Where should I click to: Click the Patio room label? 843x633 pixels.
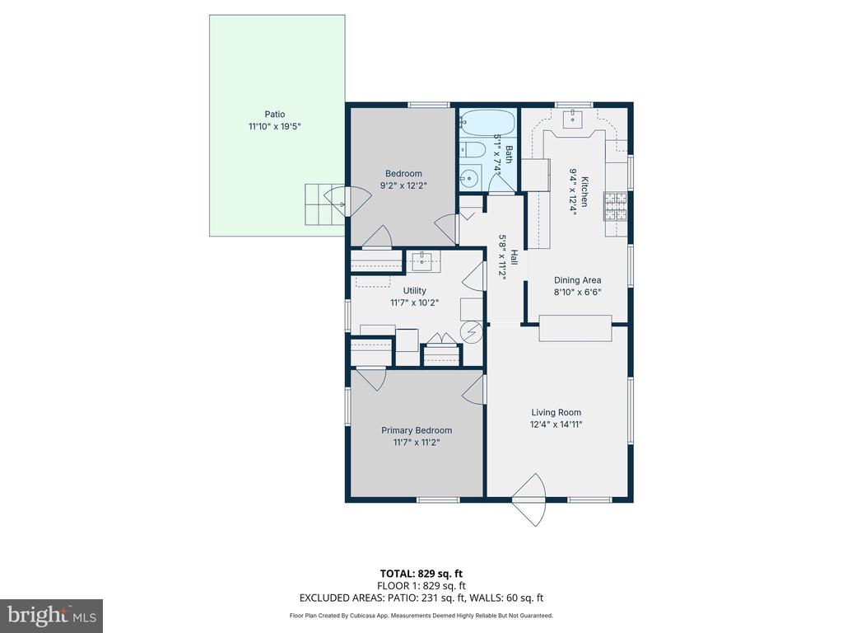(275, 114)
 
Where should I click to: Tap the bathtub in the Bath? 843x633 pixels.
(487, 123)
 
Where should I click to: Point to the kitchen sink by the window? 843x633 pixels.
(573, 119)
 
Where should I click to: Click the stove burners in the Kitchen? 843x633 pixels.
(615, 206)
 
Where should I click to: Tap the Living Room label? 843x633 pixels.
(556, 412)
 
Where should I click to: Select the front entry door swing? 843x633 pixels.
(529, 500)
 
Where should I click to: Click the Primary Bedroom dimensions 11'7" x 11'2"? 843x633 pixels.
(417, 443)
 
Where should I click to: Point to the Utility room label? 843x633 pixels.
(415, 291)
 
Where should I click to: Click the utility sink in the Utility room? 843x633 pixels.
(423, 261)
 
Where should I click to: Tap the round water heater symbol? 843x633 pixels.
(472, 331)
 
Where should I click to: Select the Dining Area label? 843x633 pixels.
(577, 280)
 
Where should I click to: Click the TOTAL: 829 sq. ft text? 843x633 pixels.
(421, 574)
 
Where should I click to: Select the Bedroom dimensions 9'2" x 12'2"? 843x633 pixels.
(403, 185)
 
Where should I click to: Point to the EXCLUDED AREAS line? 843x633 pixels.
(421, 598)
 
